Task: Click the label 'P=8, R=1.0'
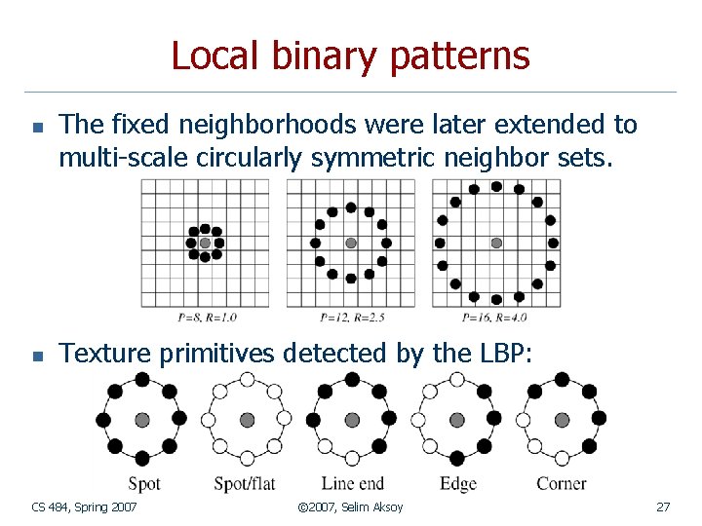208,317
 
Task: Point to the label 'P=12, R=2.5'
351,317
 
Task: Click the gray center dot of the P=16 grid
496,243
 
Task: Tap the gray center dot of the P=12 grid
351,243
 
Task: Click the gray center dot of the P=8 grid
205,243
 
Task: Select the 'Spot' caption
144,483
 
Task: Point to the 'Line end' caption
353,483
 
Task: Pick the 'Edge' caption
458,483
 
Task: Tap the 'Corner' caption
562,483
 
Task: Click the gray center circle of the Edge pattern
456,420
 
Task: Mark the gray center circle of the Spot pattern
142,420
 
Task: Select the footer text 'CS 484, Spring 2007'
84,507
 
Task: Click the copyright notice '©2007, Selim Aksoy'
350,507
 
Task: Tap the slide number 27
663,507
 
